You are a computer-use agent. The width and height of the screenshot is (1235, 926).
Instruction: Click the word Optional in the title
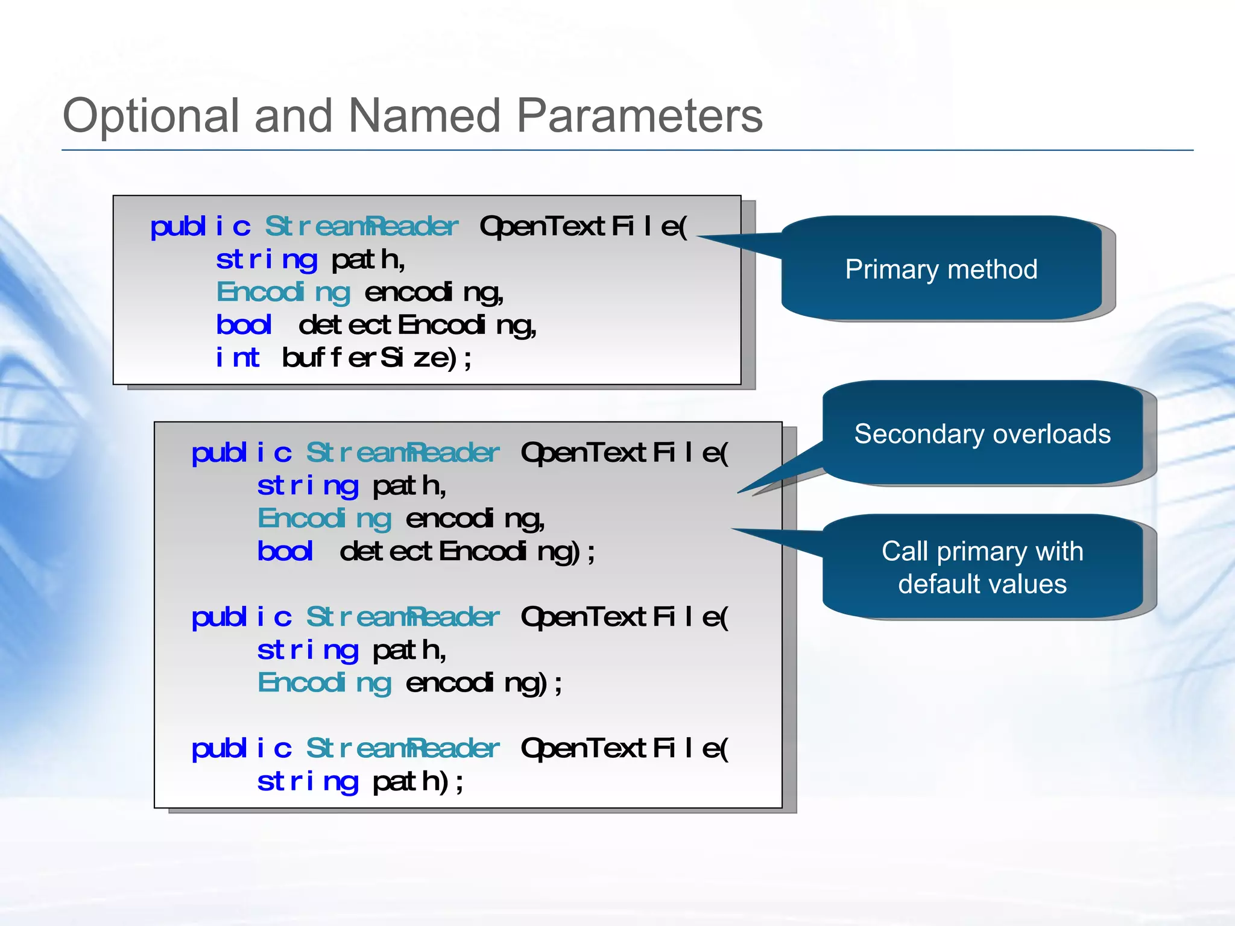151,116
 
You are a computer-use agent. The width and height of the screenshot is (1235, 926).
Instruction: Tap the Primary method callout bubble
941,269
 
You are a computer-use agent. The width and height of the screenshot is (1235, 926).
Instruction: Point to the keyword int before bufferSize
238,357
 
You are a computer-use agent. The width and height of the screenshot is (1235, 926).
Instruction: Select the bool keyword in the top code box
244,325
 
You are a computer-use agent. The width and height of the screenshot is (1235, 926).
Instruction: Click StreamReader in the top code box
362,227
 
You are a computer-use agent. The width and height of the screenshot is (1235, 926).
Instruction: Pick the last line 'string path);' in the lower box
361,782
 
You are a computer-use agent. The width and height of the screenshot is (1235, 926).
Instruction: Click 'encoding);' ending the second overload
482,683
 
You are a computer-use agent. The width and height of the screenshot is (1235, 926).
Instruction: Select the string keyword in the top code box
267,260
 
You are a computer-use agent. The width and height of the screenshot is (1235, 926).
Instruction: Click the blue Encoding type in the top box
283,292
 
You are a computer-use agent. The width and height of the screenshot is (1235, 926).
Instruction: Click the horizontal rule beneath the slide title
627,150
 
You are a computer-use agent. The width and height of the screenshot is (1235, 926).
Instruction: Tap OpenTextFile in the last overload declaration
624,749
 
